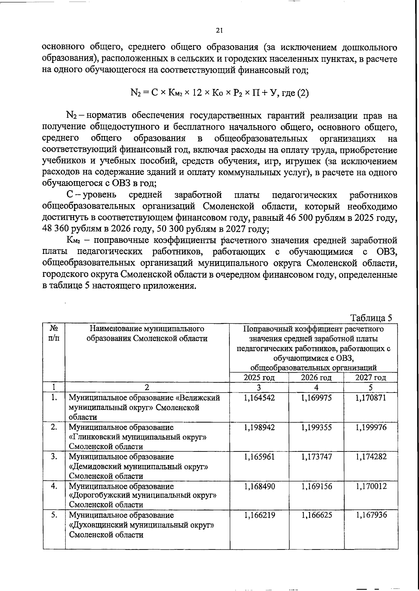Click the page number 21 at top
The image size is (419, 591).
click(219, 30)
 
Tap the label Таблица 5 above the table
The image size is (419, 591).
click(371, 318)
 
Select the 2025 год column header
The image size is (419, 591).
click(259, 377)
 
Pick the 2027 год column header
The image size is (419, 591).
click(370, 377)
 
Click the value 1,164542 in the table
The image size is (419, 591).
click(259, 398)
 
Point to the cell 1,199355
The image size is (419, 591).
click(316, 427)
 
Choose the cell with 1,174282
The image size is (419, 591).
click(371, 457)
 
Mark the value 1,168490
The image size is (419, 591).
click(259, 486)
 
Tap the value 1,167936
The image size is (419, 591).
click(371, 515)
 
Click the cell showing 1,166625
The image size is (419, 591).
click(316, 515)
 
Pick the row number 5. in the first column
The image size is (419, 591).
click(54, 515)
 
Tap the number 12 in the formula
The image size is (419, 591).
click(196, 93)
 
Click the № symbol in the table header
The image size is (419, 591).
click(54, 329)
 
